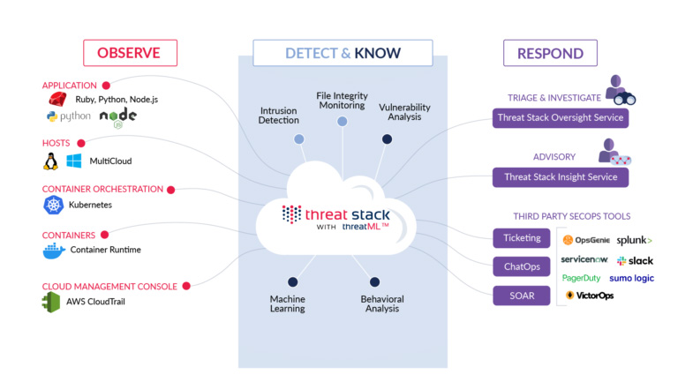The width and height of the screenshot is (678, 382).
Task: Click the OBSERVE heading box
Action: [128, 53]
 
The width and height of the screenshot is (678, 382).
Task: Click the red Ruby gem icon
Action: [59, 98]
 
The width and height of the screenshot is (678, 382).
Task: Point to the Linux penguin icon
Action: [51, 161]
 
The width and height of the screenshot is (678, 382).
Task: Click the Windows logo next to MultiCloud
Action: [74, 161]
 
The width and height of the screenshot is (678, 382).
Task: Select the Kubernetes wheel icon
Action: [52, 205]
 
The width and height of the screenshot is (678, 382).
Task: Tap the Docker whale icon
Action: [54, 250]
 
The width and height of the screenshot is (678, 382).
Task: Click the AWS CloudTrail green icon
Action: [51, 303]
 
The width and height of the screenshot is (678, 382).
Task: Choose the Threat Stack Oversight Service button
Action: [561, 117]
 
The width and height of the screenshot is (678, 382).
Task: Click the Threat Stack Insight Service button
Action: [561, 176]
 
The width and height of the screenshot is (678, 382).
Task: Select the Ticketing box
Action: [522, 237]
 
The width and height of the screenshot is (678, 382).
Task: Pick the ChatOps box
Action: [522, 266]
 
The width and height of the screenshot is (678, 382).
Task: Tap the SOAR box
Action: [522, 296]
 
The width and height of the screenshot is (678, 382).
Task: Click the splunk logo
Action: [634, 240]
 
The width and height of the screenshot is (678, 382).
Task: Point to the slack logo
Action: [635, 261]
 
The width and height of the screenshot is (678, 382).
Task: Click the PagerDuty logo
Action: [581, 278]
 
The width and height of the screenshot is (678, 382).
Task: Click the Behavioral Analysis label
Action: [382, 303]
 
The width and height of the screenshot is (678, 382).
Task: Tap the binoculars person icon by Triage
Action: [621, 89]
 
